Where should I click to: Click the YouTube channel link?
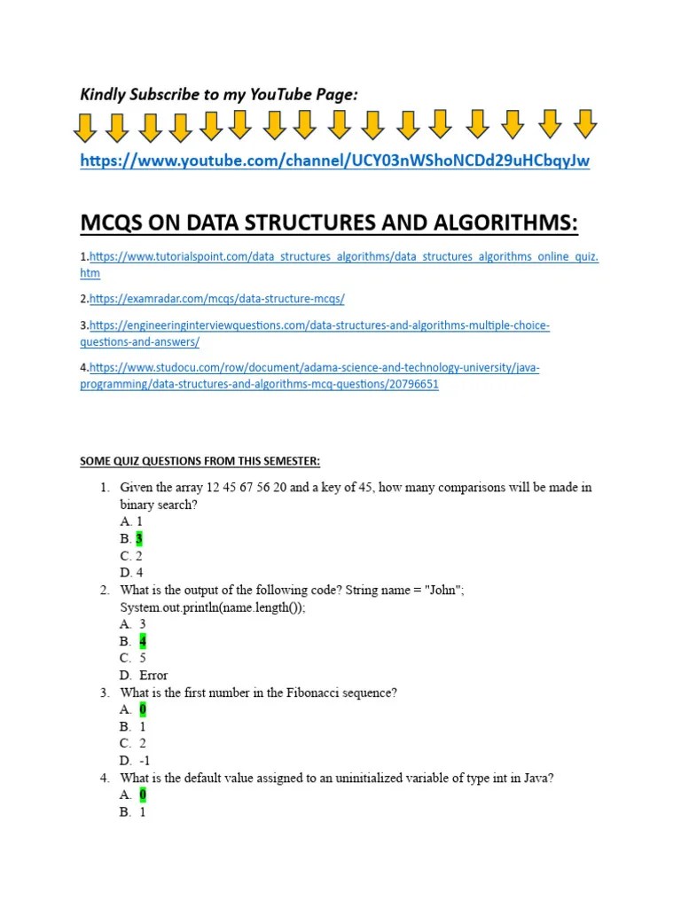click(334, 160)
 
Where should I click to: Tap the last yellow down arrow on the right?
click(584, 125)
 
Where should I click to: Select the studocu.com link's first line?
click(314, 367)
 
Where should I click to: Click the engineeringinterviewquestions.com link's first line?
click(319, 325)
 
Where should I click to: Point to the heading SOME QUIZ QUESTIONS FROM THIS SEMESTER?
click(200, 461)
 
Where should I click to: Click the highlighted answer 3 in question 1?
click(139, 538)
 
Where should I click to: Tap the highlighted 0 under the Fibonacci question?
click(143, 709)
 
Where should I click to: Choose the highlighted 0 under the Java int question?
click(143, 794)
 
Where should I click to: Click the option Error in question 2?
click(153, 676)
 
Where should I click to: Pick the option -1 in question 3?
click(146, 761)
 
